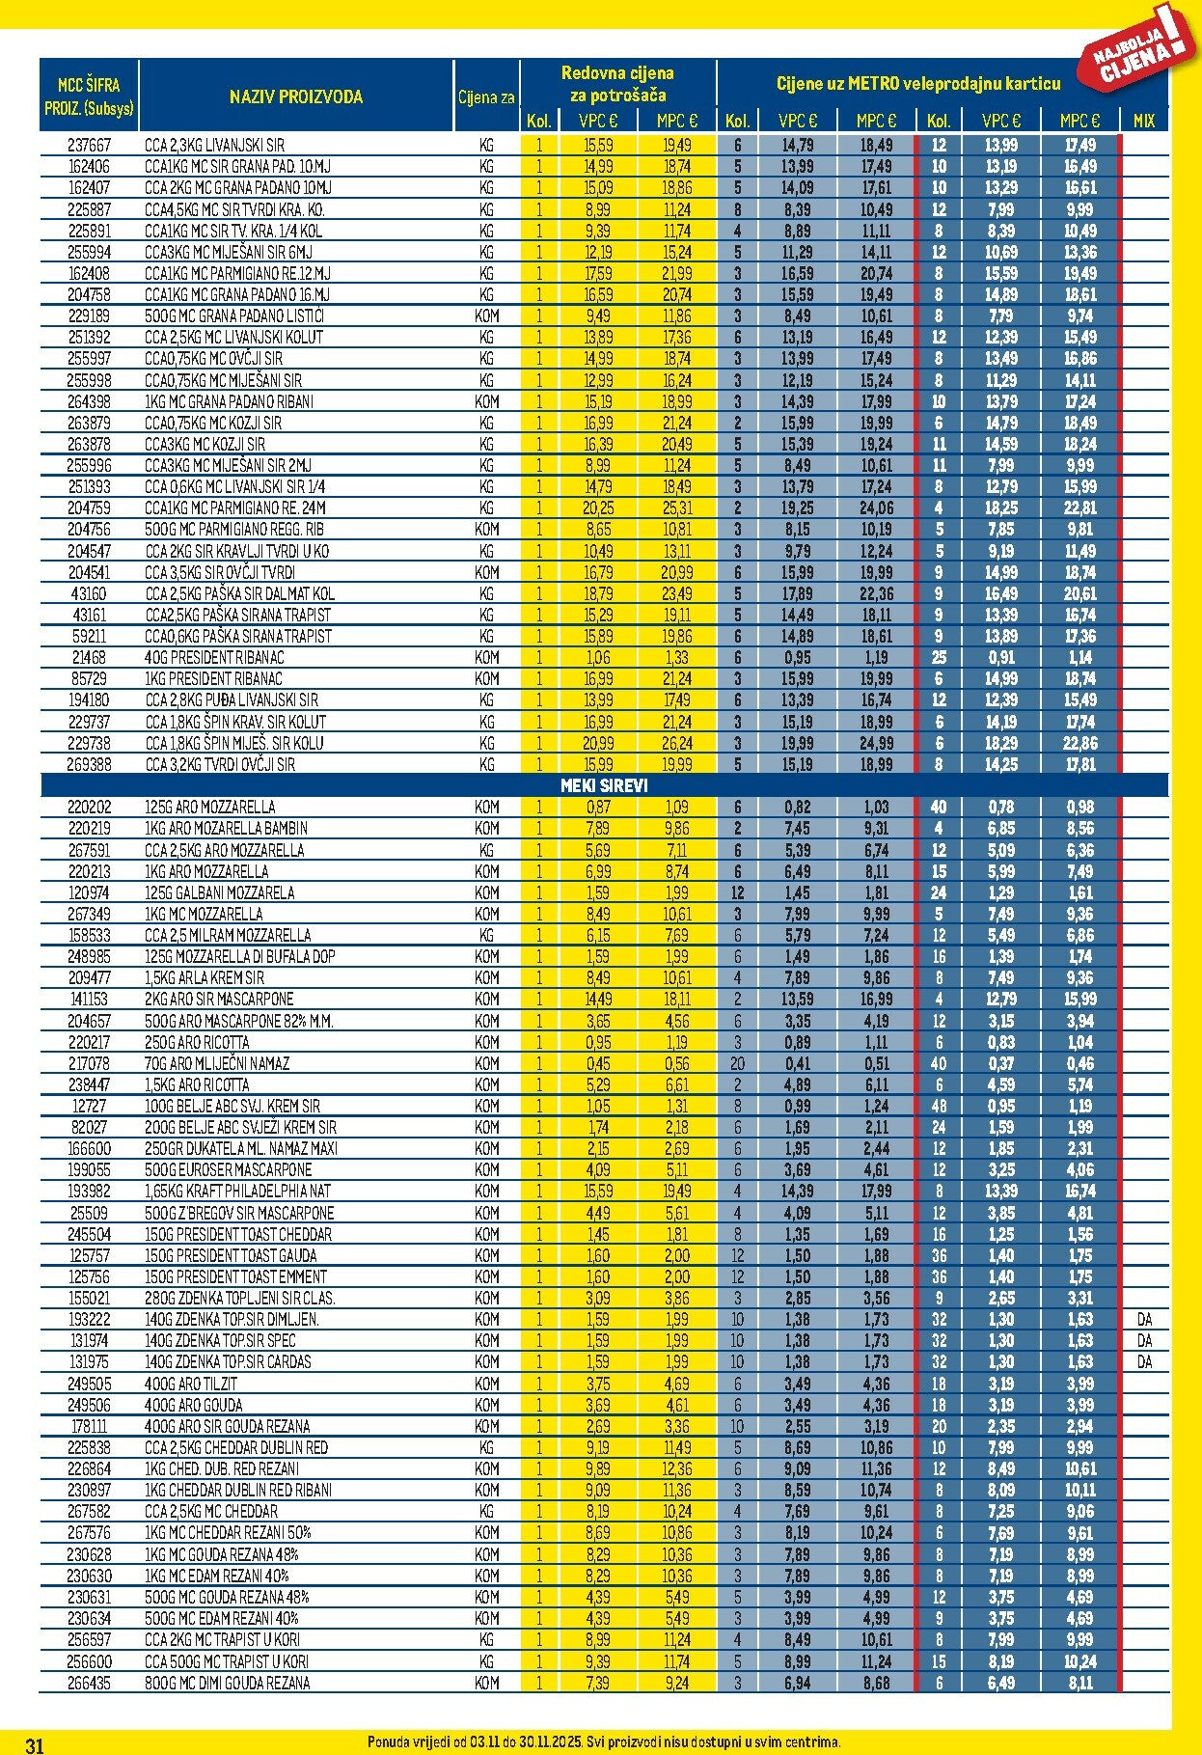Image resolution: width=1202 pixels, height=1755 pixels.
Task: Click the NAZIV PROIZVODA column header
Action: (x=295, y=96)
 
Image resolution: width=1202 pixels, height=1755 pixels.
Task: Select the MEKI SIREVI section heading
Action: (x=604, y=785)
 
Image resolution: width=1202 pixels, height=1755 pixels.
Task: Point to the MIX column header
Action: (x=1144, y=121)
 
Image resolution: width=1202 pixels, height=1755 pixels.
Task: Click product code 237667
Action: (x=89, y=145)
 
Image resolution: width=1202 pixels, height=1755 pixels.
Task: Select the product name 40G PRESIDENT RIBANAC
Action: (x=214, y=657)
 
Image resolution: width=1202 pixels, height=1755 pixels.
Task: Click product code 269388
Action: (x=89, y=764)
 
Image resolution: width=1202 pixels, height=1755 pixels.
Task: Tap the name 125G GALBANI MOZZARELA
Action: (x=219, y=892)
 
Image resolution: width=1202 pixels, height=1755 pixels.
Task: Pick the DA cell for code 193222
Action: (x=1144, y=1319)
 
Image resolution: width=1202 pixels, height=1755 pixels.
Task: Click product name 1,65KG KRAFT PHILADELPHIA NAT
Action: (x=237, y=1192)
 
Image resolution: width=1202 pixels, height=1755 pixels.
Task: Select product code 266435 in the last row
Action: (x=89, y=1683)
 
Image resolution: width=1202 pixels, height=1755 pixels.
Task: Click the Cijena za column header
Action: (x=486, y=96)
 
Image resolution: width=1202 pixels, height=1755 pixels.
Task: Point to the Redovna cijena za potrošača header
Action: (x=617, y=84)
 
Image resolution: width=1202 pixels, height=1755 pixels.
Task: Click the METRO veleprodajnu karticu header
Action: (x=917, y=84)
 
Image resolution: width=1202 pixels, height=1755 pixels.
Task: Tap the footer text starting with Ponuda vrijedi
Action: (x=604, y=1741)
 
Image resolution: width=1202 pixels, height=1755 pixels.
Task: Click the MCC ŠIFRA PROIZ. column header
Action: (x=89, y=96)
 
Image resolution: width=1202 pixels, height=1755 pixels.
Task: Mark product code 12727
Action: (x=89, y=1106)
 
